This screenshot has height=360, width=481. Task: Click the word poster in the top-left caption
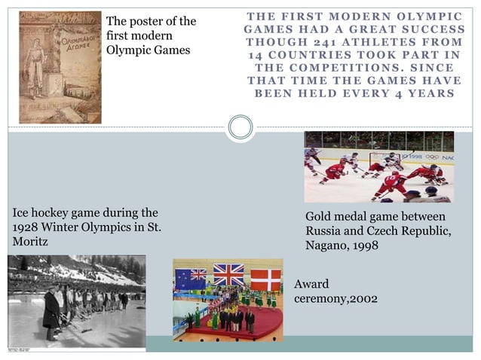click(147, 21)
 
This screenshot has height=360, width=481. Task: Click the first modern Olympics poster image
click(60, 67)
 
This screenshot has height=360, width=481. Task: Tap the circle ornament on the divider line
click(240, 127)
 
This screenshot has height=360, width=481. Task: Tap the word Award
click(311, 285)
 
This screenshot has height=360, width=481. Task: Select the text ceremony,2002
click(335, 299)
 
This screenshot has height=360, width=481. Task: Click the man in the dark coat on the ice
click(51, 309)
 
